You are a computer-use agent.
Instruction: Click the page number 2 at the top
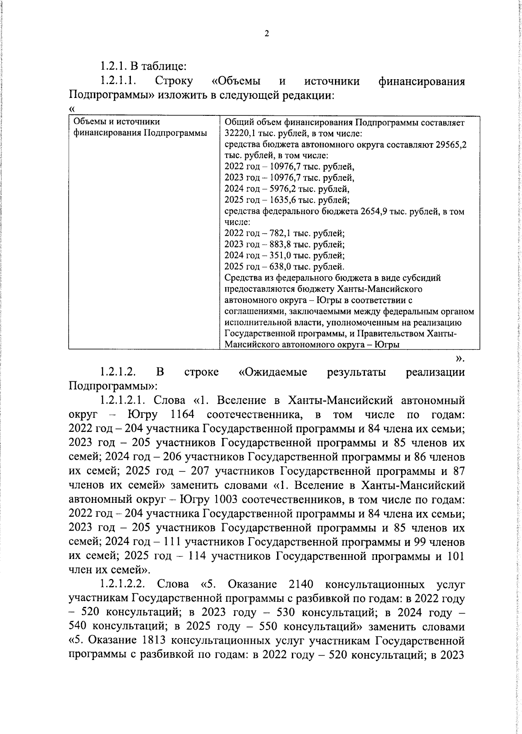267,34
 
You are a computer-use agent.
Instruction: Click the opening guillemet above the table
72,109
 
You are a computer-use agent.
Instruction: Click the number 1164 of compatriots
182,414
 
